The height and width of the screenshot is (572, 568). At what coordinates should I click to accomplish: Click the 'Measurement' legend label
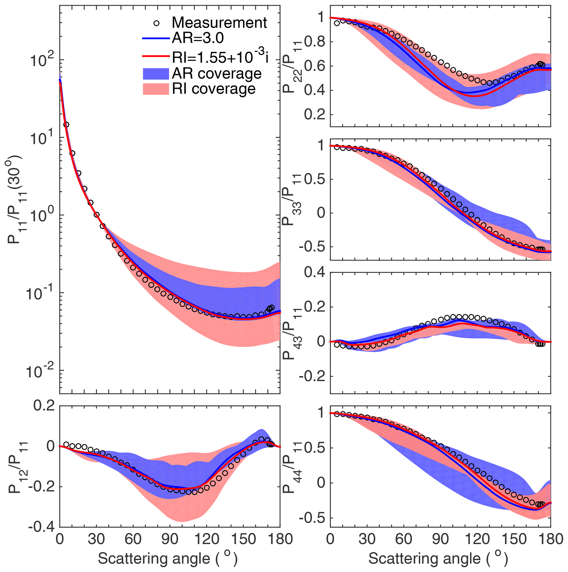point(219,23)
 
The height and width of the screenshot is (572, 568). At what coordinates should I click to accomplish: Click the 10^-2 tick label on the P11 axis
point(40,371)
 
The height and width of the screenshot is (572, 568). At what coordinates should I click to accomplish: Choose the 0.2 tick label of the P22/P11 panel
point(314,115)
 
